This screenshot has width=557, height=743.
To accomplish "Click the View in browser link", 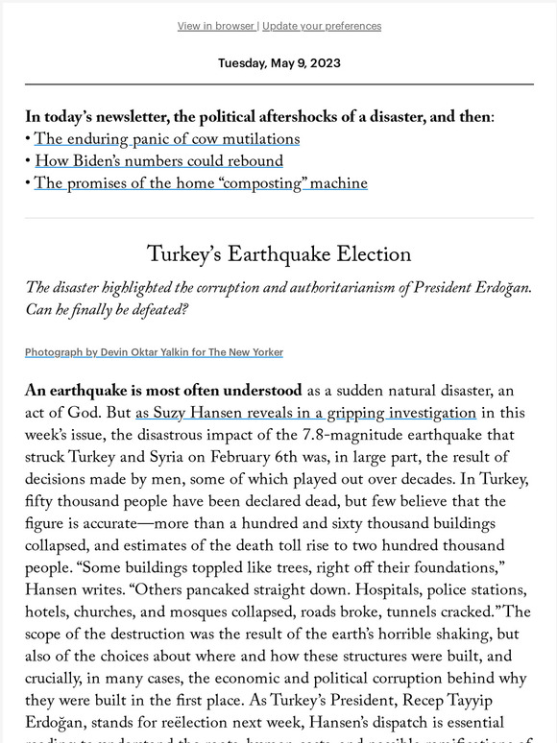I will (x=215, y=26).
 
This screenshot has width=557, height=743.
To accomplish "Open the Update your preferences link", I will (x=321, y=26).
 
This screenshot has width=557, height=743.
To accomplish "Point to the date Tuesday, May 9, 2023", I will (x=278, y=63).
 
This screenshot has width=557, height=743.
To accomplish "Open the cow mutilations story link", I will (x=167, y=139).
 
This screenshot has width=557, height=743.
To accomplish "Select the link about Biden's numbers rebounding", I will (x=158, y=161).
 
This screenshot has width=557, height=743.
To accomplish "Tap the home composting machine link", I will (x=201, y=183).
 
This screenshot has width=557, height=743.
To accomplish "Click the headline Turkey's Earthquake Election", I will (x=278, y=254).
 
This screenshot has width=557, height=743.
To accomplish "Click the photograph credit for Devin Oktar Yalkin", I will (x=154, y=352).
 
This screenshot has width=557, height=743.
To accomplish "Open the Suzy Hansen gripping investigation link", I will (x=305, y=414).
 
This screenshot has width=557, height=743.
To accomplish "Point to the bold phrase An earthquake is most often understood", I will (x=163, y=392).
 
